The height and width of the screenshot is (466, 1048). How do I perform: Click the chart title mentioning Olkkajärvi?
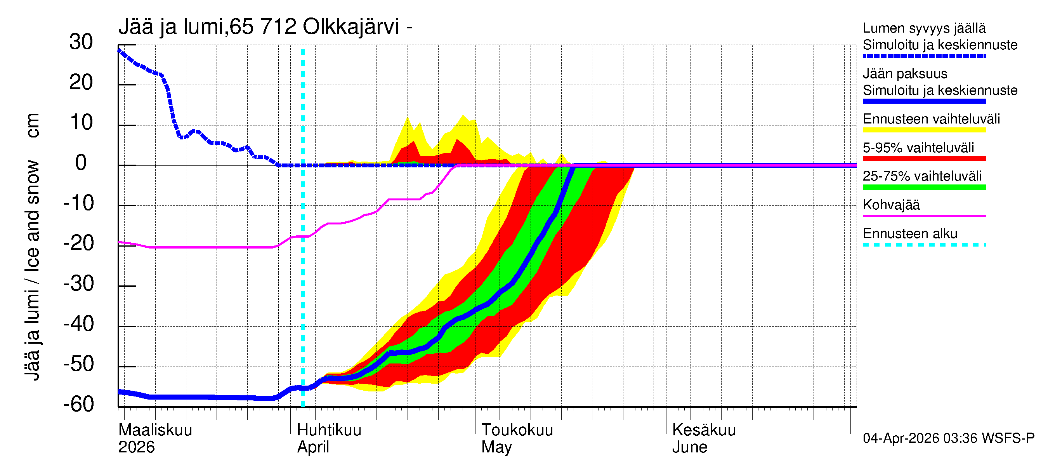(x=265, y=27)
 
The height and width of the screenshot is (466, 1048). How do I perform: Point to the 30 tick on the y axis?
(x=81, y=42)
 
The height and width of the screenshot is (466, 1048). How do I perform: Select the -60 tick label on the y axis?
(x=79, y=404)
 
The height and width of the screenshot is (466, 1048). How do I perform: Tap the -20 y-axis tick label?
(x=79, y=243)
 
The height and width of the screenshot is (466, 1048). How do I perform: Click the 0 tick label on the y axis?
(x=81, y=163)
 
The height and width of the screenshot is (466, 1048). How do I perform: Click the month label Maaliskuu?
(x=155, y=430)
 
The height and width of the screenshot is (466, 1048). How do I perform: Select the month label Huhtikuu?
(x=329, y=430)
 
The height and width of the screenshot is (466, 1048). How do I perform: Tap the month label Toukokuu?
(x=517, y=430)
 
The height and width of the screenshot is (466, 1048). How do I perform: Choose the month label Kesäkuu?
(x=703, y=430)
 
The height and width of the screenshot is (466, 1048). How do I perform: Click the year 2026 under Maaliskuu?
(x=136, y=447)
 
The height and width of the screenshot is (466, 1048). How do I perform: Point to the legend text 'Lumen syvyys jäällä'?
(x=924, y=28)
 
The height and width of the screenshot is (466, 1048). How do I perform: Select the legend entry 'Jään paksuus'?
(x=905, y=74)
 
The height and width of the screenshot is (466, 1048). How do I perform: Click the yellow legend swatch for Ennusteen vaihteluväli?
(x=924, y=130)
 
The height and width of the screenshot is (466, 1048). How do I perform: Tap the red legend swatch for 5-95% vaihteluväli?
(x=924, y=159)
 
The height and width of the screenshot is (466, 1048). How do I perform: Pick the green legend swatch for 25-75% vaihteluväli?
(x=924, y=187)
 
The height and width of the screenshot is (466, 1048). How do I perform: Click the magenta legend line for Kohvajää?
(x=924, y=216)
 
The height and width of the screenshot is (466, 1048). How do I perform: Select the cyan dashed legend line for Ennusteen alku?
(x=924, y=245)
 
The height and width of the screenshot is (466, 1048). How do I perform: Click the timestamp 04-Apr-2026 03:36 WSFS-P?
(x=948, y=438)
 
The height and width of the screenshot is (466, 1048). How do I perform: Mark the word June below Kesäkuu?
(x=689, y=447)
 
